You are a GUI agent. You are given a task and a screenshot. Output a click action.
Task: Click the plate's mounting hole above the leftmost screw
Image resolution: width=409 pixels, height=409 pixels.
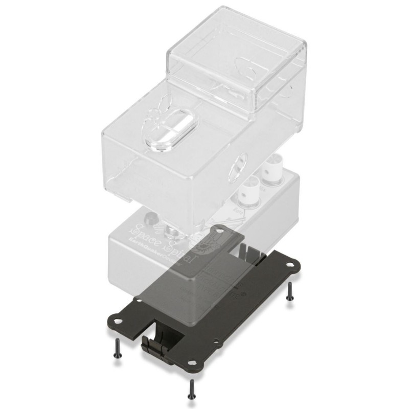pos(117,321)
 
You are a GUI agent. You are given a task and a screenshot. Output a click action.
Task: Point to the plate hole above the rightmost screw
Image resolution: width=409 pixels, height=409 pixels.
pos(290,265)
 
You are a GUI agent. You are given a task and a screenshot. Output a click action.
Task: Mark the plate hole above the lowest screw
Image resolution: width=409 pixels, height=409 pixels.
pos(193,361)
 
